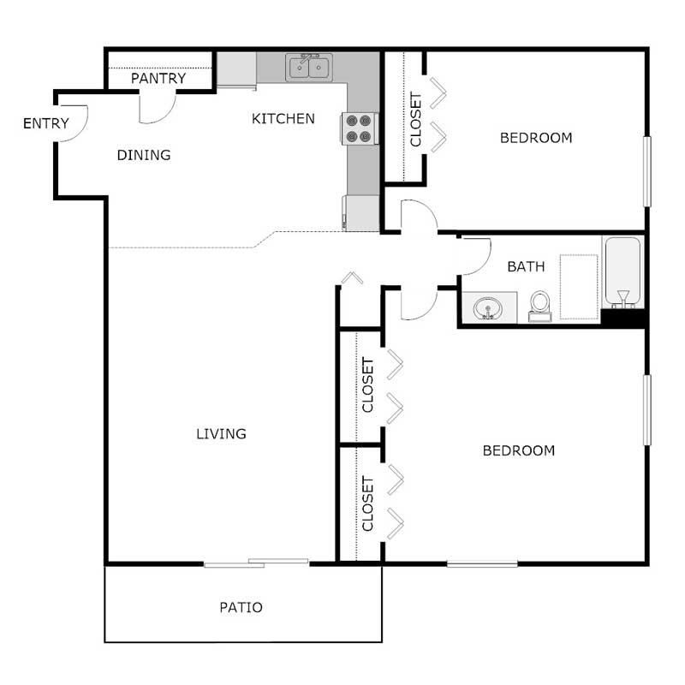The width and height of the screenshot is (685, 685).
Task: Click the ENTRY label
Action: (45, 123)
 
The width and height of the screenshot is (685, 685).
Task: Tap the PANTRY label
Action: (158, 79)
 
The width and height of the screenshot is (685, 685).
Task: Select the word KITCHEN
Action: (283, 119)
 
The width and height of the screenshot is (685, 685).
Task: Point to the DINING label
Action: (144, 155)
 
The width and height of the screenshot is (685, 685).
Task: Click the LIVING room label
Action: (221, 433)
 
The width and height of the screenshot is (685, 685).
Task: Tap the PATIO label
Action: (241, 608)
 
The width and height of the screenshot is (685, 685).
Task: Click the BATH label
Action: (526, 266)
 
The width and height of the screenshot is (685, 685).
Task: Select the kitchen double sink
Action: (310, 67)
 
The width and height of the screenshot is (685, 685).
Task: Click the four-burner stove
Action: (361, 128)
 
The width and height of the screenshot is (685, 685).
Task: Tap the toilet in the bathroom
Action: (539, 304)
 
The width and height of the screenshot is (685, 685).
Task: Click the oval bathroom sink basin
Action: (489, 307)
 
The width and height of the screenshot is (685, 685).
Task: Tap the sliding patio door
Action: (256, 563)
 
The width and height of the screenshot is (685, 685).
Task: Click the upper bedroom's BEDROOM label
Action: (536, 138)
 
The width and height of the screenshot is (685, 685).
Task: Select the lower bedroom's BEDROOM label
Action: (518, 450)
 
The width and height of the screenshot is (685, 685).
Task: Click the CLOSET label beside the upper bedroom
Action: (416, 119)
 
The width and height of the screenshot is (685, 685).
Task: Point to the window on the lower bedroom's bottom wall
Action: (482, 563)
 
